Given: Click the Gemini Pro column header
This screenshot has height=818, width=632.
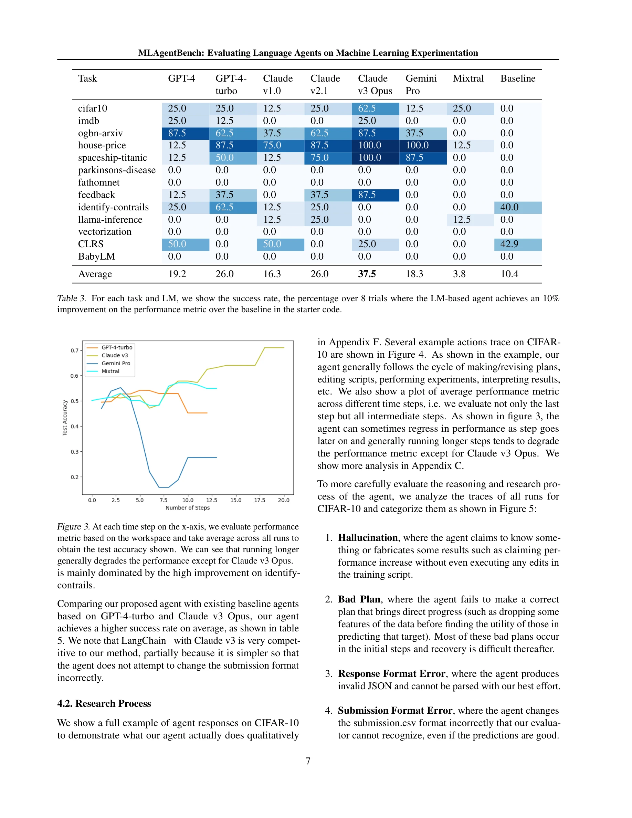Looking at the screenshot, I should click(x=421, y=84).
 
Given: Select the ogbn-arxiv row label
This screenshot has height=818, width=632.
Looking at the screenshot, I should click(x=100, y=133).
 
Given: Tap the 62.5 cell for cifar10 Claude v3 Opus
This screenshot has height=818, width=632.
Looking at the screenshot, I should click(x=367, y=108).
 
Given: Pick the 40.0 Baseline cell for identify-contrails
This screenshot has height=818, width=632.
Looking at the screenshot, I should click(x=509, y=207).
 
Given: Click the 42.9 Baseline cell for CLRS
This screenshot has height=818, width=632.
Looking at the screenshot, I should click(x=509, y=244).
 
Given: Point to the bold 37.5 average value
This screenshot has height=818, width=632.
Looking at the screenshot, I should click(x=367, y=274).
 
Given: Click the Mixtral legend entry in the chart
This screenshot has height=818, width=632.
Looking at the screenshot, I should click(x=110, y=371).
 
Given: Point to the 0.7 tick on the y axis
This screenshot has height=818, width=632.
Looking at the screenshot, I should click(x=74, y=350).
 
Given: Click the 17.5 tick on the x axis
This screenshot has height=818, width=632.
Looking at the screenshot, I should click(x=260, y=500).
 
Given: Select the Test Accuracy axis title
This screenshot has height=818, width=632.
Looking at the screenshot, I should click(x=65, y=418).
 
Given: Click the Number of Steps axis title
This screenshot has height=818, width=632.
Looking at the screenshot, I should click(x=188, y=508).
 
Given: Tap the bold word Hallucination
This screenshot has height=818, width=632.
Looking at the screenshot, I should click(x=368, y=537).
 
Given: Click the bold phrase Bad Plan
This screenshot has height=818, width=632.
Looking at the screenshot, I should click(x=359, y=599).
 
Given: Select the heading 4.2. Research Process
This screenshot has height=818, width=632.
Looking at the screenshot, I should click(x=104, y=703).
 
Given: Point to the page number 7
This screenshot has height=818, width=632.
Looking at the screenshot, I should click(x=308, y=761).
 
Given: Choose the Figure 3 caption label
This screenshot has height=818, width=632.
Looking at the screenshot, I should click(x=73, y=527).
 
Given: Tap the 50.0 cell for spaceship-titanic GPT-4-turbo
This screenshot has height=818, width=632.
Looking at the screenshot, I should click(x=224, y=158).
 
